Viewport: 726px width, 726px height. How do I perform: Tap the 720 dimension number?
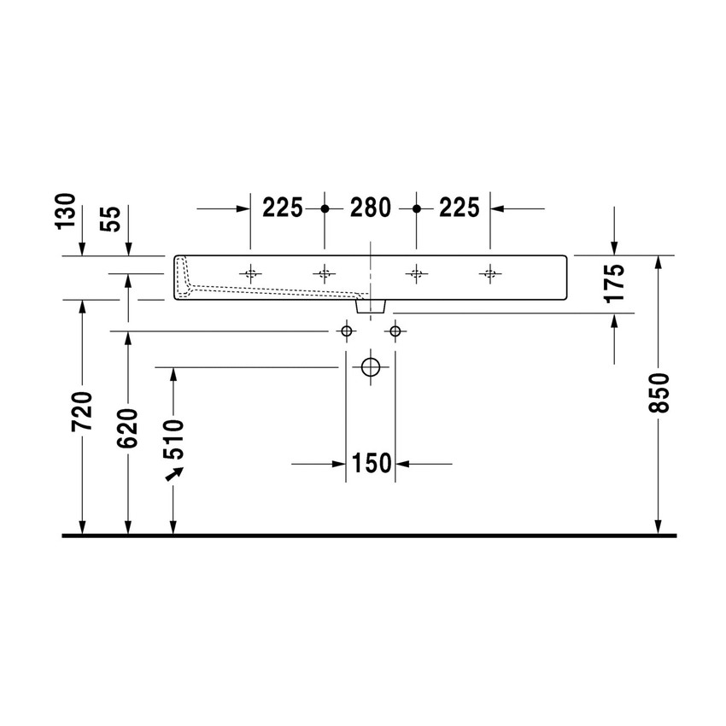click(81, 412)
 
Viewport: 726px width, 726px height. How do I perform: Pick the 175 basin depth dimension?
click(614, 283)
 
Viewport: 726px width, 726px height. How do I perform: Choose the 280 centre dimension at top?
click(370, 208)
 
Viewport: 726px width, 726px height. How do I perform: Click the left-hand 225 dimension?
click(283, 208)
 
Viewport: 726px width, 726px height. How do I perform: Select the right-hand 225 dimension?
click(459, 208)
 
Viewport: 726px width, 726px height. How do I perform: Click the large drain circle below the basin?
click(370, 367)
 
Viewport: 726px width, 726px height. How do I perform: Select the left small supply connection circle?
click(346, 331)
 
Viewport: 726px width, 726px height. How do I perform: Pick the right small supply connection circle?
click(395, 331)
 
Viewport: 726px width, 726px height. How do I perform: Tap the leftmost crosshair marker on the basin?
click(250, 273)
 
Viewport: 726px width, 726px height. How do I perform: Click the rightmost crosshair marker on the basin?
click(489, 273)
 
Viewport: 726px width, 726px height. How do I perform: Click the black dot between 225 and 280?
click(325, 208)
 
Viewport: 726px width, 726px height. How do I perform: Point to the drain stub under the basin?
click(371, 304)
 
